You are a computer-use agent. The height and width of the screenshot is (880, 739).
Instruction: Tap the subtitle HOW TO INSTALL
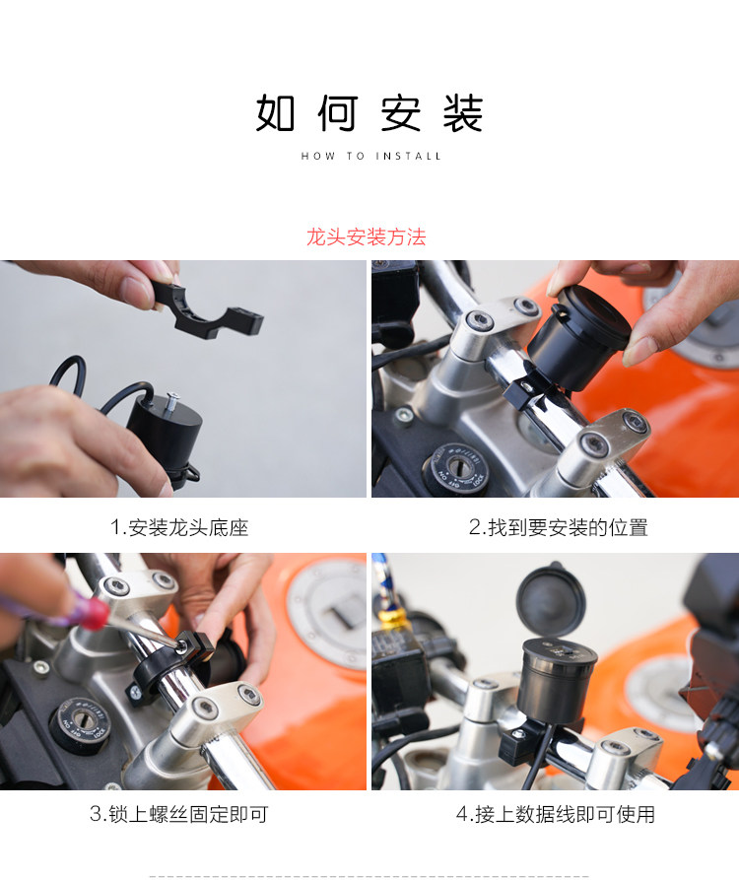click(370, 156)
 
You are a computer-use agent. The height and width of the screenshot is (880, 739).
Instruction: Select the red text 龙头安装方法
click(366, 237)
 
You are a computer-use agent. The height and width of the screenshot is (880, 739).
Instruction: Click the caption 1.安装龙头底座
click(179, 527)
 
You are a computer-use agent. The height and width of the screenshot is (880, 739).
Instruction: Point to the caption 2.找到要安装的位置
click(559, 527)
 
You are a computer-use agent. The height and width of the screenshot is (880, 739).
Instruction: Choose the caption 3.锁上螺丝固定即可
click(179, 814)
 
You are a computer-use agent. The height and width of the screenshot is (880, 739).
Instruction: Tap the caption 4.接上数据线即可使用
click(556, 814)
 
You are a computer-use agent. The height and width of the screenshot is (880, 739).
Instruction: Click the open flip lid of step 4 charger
click(551, 598)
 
